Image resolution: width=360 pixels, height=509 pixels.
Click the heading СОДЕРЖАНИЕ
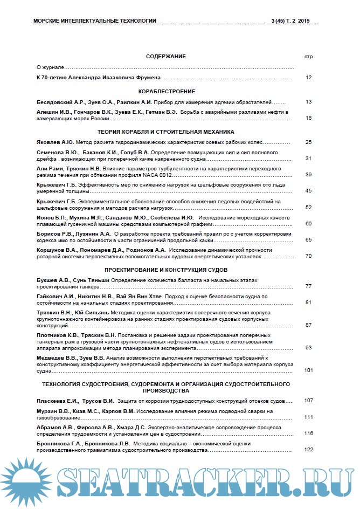(x=166, y=57)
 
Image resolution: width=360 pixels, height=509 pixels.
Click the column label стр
(x=309, y=57)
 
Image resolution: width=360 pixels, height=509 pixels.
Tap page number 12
(x=309, y=78)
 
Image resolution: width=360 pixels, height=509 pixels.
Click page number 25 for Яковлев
(x=309, y=142)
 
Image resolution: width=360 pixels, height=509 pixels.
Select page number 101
(x=309, y=370)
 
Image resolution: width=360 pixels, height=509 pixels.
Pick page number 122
(x=309, y=449)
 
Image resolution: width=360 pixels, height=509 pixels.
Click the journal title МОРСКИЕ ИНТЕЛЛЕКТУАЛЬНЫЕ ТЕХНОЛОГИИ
(x=95, y=21)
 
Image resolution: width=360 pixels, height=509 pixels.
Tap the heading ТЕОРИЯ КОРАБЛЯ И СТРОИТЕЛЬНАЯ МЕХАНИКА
(x=166, y=132)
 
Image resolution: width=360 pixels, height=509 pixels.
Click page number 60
(x=309, y=223)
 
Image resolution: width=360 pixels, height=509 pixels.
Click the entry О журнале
(x=50, y=67)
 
